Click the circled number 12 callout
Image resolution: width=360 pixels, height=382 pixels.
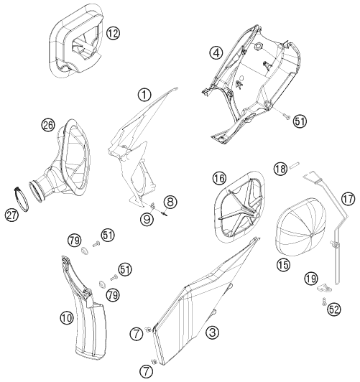coord(113,33)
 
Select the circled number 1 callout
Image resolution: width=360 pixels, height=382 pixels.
coord(144,95)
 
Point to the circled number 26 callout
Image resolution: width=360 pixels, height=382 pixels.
coord(48,125)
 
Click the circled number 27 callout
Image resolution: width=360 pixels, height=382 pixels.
coord(12,215)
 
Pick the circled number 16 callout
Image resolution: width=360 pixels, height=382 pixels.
coord(219,178)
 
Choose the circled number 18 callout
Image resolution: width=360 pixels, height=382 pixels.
coord(280,169)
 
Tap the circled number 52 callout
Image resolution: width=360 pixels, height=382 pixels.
coord(333,309)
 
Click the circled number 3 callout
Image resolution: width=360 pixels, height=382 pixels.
coord(212,332)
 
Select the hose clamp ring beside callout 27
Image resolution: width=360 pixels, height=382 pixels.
coord(22,198)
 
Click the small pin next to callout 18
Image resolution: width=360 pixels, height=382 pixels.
coord(295,165)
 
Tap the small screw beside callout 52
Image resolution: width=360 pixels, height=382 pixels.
coord(323,301)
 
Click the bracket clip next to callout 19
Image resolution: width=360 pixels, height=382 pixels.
coord(325,288)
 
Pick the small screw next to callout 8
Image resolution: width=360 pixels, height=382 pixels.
coord(165,213)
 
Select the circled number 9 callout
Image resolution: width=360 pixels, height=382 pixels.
coord(147,218)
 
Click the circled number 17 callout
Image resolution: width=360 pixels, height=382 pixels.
coord(348,199)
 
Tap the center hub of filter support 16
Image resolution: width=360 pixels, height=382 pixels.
coord(256,215)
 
